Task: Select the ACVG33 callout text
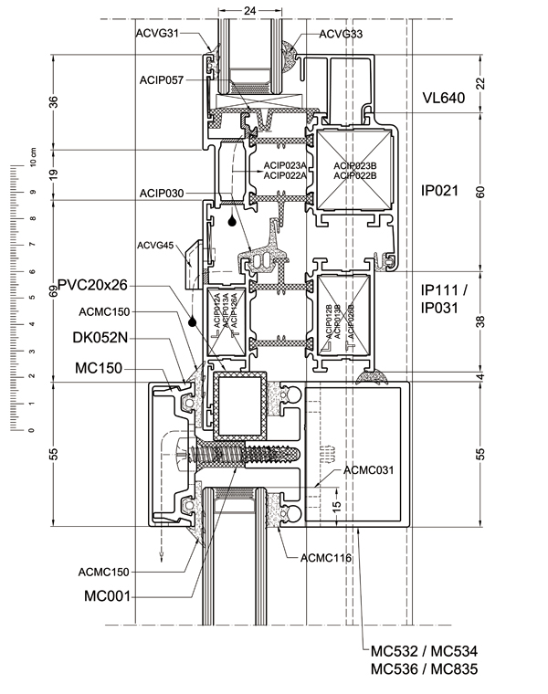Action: (x=342, y=34)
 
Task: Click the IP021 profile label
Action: (x=437, y=192)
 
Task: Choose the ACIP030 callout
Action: (x=162, y=194)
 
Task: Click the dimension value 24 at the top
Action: (x=249, y=9)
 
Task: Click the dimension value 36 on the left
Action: (x=53, y=102)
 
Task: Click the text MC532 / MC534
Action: (x=424, y=651)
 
